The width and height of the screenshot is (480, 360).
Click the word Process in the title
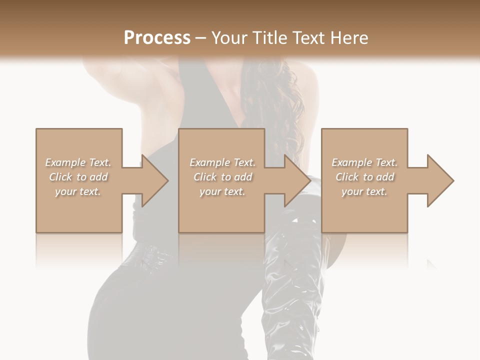click(x=157, y=38)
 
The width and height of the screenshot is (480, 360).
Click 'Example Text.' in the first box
click(x=78, y=162)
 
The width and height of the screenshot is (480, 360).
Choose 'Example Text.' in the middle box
click(x=222, y=162)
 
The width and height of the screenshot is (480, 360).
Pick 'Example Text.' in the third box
click(x=364, y=162)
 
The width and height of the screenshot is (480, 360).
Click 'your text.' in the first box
click(x=78, y=191)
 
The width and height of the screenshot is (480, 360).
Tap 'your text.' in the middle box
click(x=222, y=191)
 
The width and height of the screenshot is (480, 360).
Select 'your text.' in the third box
click(x=364, y=191)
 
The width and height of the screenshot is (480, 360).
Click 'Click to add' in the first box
click(x=78, y=177)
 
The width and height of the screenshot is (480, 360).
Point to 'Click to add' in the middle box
click(x=222, y=177)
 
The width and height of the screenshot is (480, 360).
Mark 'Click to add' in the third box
click(x=364, y=177)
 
